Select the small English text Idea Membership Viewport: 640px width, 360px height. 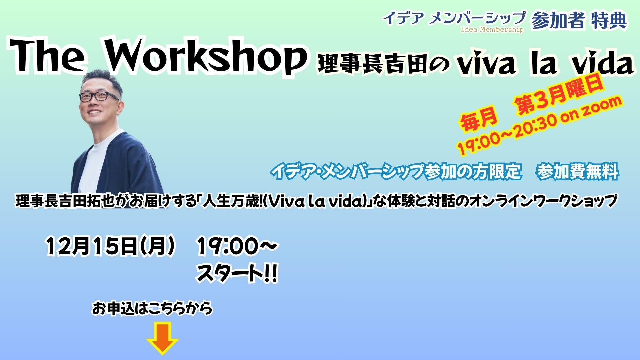coord(492,30)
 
